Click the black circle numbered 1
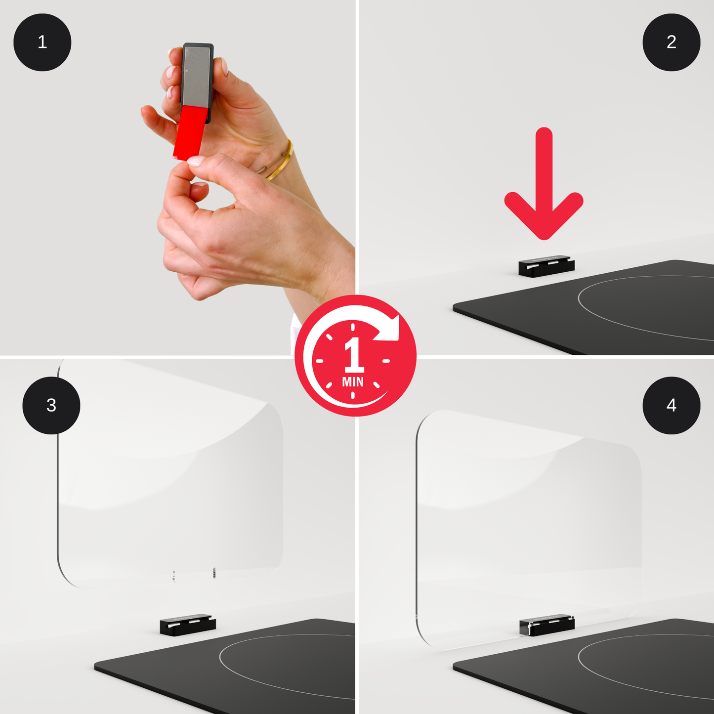pos(42,42)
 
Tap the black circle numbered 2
pos(671,42)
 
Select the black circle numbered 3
pos(51,405)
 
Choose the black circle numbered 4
pos(671,405)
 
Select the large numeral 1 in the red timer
pos(354,354)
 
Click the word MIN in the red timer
pos(353,381)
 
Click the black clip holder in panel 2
pos(546,266)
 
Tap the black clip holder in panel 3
pos(187,625)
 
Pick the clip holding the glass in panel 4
pos(547,625)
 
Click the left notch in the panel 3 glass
pos(174,576)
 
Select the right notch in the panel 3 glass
pos(214,573)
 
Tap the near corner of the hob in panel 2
pos(454,307)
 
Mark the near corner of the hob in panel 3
pos(95,668)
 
